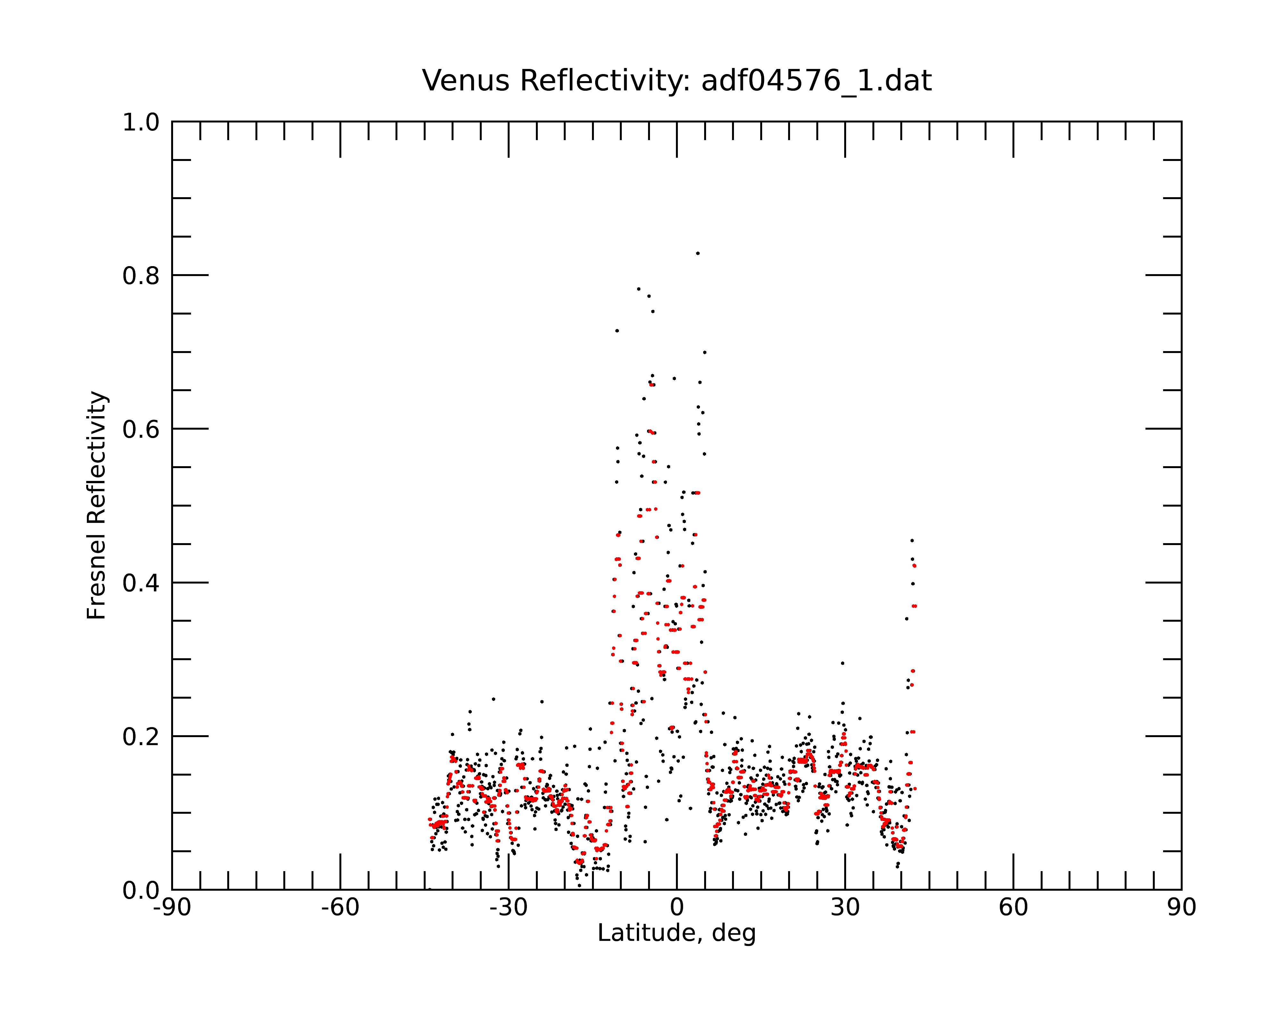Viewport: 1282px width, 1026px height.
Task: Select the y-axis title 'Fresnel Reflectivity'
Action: [x=97, y=506]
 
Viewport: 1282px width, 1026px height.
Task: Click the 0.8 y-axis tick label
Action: [x=141, y=276]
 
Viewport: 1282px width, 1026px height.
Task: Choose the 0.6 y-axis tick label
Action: [x=141, y=429]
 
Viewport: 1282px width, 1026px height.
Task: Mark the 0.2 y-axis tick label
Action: [x=141, y=737]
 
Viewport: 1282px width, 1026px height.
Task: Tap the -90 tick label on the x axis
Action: [x=172, y=908]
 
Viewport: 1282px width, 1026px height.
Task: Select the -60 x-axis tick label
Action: [x=340, y=908]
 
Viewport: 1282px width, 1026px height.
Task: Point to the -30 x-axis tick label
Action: [x=508, y=908]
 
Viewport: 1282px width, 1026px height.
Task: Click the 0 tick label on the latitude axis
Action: [x=677, y=908]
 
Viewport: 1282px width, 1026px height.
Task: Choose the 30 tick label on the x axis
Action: [x=845, y=908]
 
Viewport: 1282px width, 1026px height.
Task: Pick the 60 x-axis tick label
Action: [x=1013, y=908]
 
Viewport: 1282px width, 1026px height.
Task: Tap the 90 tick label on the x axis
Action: [x=1181, y=908]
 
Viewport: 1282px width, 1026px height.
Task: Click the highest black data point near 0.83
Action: [x=697, y=253]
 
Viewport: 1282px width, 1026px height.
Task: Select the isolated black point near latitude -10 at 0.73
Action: [x=617, y=331]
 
